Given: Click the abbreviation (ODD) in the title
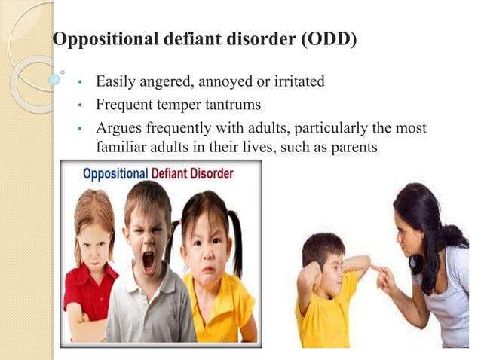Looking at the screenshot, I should (x=328, y=39).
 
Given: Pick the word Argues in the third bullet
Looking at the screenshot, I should (x=118, y=127).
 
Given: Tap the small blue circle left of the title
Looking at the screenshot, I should (x=54, y=78).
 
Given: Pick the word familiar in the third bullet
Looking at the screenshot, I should (x=121, y=147).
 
